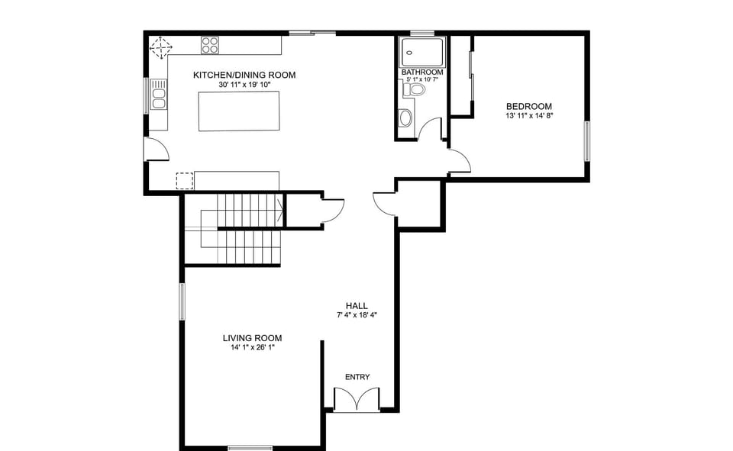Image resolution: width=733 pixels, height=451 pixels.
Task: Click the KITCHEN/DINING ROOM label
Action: point(244,75)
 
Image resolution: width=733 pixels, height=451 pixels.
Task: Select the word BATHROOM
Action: point(421,72)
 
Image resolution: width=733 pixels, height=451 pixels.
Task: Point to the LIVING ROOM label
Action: point(252,338)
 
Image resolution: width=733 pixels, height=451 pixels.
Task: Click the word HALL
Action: point(357,306)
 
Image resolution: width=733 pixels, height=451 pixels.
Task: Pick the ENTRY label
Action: point(357,377)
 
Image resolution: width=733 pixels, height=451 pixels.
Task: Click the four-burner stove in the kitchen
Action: point(210,45)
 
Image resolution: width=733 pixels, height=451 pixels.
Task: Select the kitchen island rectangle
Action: point(237,111)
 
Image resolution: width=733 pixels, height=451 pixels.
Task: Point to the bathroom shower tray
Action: point(422,52)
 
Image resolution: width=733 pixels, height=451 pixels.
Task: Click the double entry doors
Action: point(357,400)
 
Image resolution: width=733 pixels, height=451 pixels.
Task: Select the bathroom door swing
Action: point(431,130)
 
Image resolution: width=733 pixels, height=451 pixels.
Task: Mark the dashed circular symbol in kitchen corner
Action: point(160,48)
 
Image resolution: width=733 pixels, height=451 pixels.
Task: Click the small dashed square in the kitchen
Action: point(185,181)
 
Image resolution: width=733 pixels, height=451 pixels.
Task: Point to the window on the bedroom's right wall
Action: point(587,141)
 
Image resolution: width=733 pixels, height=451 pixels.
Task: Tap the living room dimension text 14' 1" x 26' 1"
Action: point(252,348)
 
